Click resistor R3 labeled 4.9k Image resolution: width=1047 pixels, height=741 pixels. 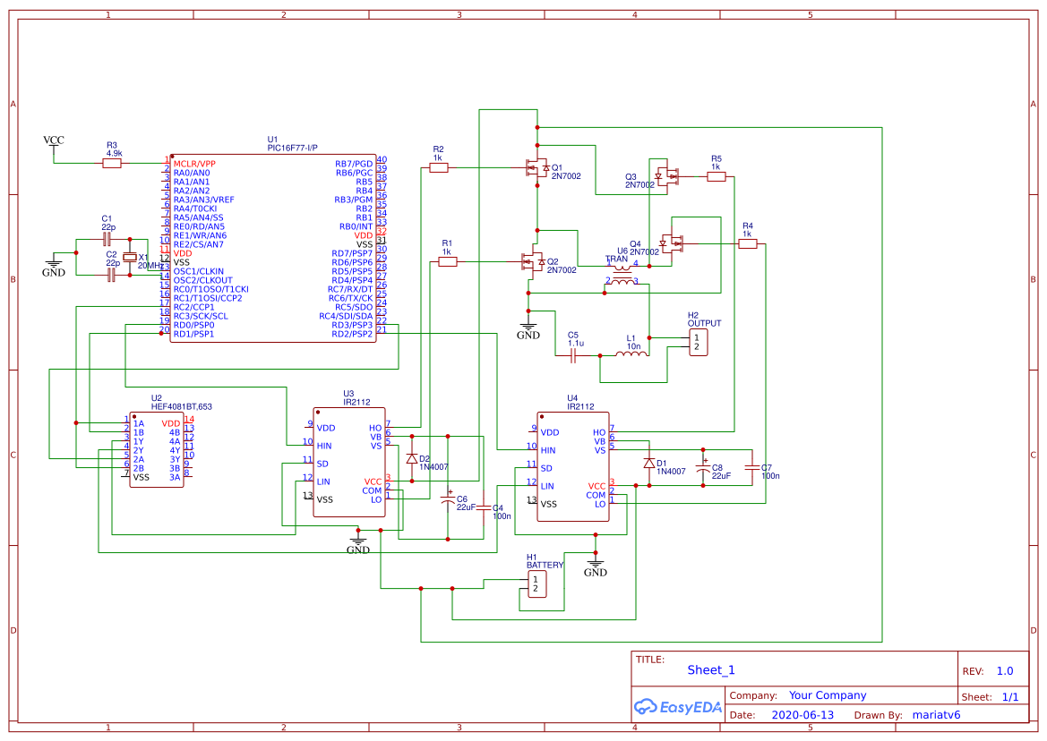click(x=112, y=163)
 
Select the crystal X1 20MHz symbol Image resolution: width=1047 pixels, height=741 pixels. click(x=131, y=258)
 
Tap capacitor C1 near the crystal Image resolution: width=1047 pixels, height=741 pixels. click(x=107, y=239)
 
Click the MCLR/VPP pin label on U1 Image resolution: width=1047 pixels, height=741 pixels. click(x=194, y=164)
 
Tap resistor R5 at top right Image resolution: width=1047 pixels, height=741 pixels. click(x=716, y=177)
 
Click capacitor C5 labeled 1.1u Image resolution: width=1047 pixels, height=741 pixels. click(x=575, y=355)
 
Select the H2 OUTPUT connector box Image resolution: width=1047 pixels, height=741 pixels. click(x=698, y=342)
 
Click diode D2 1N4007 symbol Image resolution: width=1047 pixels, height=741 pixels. click(x=412, y=458)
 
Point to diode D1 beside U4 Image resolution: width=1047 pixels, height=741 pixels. click(x=648, y=464)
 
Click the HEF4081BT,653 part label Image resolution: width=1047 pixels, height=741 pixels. click(x=182, y=406)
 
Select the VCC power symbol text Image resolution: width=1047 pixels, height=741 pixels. click(x=54, y=141)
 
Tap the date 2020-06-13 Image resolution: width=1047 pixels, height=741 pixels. click(x=802, y=715)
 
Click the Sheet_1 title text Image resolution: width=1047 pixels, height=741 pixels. click(x=711, y=670)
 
